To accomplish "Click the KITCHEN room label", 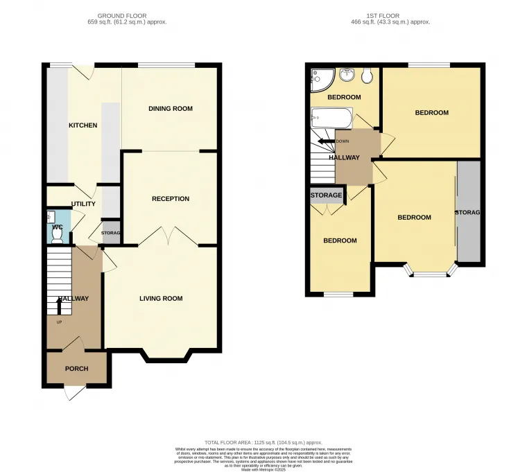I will click(83, 125).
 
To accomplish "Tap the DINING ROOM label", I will click(171, 109).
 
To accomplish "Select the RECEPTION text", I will click(171, 199).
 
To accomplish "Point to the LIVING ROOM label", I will click(161, 299).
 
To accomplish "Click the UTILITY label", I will click(83, 204).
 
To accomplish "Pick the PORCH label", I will click(76, 369).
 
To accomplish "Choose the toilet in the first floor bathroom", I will click(367, 75).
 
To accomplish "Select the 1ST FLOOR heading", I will click(391, 15).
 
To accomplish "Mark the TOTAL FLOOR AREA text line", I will click(263, 442).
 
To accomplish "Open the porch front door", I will click(72, 393).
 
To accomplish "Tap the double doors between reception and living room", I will click(169, 238).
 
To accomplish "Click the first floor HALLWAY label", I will click(345, 158).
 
